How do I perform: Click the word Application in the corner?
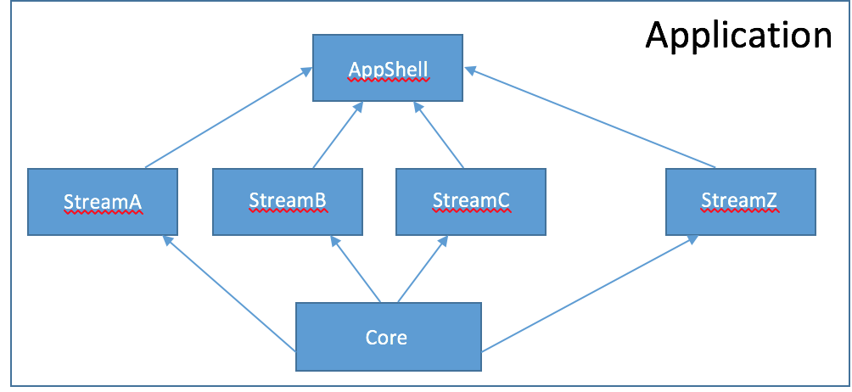coord(738,36)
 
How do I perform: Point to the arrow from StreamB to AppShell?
coord(338,135)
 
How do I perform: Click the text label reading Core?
coord(386,338)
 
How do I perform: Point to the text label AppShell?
coord(388,70)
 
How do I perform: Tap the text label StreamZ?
coord(740,201)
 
